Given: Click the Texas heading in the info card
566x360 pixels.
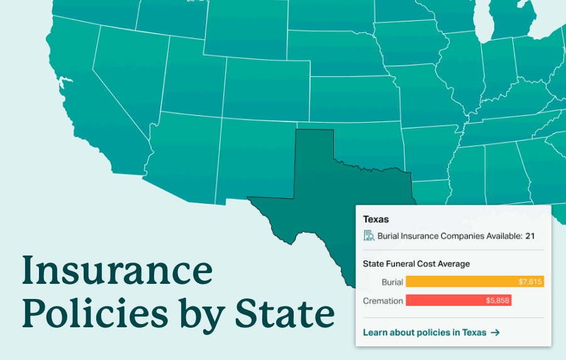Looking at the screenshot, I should coord(376,220).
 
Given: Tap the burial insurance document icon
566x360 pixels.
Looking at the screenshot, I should coord(369,236).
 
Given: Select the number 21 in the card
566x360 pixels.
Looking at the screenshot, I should coord(530,236).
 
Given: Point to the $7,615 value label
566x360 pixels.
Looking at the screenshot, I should coord(530,281).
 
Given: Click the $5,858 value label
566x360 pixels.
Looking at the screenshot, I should coord(497,301).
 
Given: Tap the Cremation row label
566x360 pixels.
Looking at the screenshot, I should coord(383,301).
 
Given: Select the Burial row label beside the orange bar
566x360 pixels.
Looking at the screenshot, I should coord(392,281).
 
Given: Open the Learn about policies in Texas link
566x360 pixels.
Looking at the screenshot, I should coord(425,332).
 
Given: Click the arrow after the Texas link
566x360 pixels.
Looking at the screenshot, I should coord(495,332).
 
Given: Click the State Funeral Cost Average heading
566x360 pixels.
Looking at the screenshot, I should coord(416,264).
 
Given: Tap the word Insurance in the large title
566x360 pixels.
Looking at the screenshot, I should coord(117,271).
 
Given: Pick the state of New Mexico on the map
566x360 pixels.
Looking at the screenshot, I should coord(255,157).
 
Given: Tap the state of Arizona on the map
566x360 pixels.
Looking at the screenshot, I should coord(182,154).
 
